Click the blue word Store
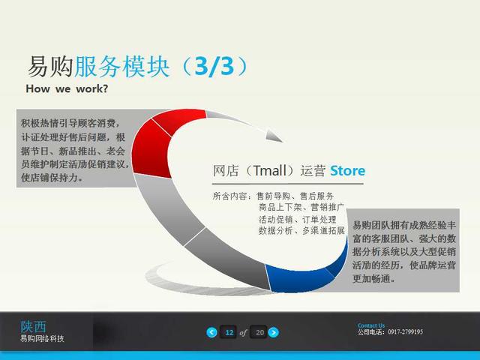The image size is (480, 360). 348,171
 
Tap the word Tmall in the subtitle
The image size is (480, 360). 269,171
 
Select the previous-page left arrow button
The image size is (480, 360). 211,332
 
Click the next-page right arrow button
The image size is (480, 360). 274,332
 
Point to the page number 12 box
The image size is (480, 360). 229,332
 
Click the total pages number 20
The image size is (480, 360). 259,332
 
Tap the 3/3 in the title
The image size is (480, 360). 214,67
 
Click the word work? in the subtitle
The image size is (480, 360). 92,88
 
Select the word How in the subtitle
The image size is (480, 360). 37,88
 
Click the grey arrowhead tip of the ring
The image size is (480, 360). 283,142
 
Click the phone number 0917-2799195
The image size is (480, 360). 405,331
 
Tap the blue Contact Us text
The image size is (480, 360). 371,325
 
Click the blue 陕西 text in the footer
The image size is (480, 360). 33,327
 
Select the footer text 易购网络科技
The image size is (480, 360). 42,338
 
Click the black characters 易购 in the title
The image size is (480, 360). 50,67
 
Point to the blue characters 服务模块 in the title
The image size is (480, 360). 121,67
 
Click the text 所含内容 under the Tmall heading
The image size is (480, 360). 229,196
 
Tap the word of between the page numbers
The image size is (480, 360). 243,333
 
